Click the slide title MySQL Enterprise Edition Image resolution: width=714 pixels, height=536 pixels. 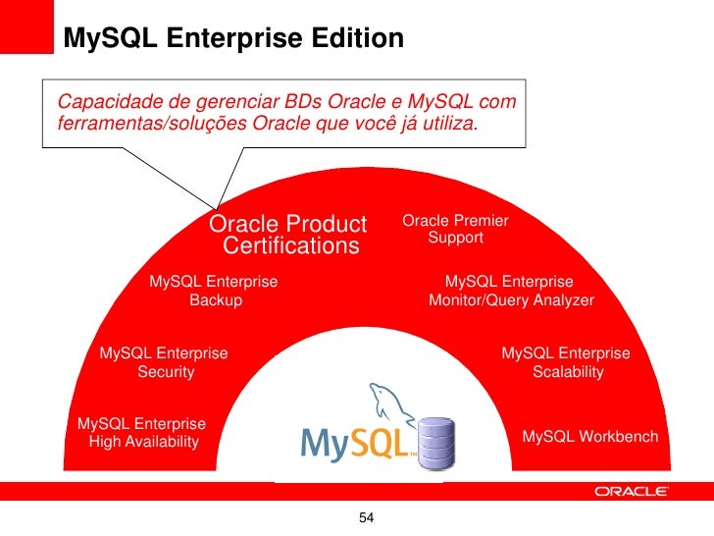[233, 38]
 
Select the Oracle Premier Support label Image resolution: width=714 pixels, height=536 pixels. [455, 230]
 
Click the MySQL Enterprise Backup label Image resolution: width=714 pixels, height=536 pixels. [214, 291]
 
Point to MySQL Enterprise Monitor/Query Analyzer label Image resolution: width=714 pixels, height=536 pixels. [511, 291]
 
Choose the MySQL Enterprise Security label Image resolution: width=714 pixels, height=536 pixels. [165, 362]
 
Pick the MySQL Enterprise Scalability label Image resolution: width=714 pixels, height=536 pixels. [566, 362]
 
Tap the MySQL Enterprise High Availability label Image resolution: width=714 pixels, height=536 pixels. [142, 433]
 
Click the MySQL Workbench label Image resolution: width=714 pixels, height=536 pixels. [589, 436]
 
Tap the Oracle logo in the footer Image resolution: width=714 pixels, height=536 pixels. [632, 492]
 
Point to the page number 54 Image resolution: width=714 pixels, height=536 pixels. [367, 517]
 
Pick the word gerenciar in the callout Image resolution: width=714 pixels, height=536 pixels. [233, 102]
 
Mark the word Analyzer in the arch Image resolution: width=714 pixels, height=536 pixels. [559, 300]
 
